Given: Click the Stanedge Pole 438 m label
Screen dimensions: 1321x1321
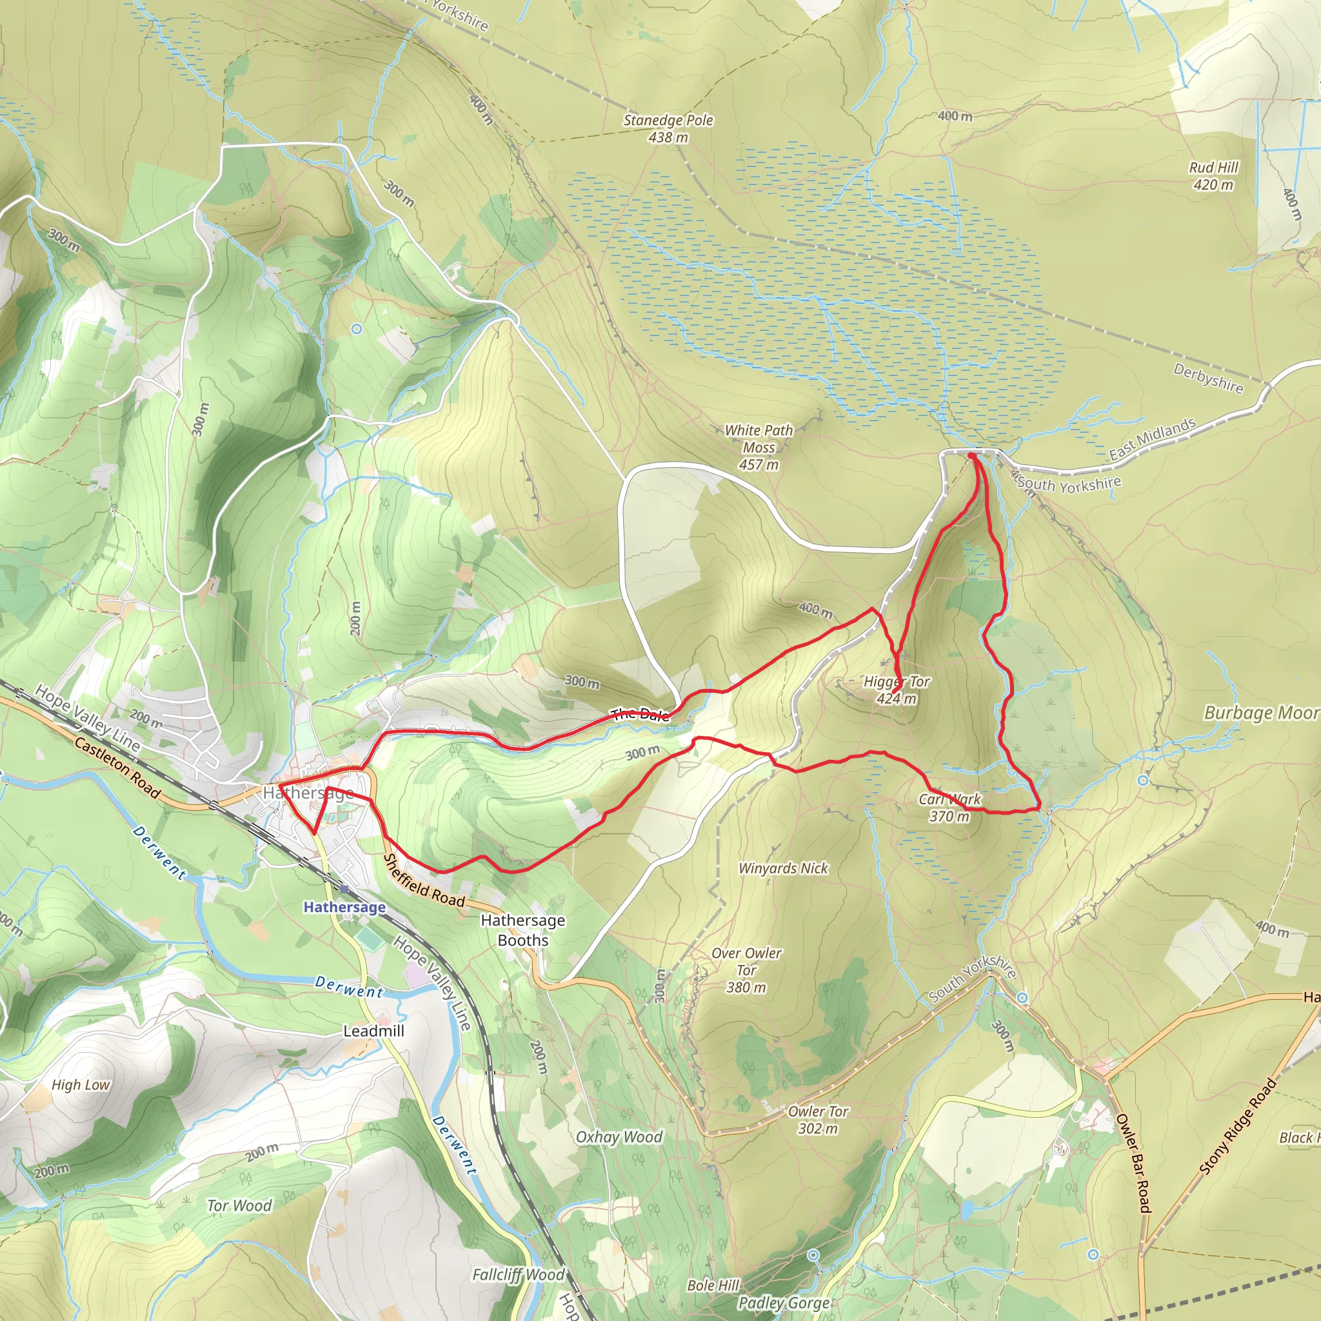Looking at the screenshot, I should coord(668,128).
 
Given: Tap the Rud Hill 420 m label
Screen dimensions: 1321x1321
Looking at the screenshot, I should coord(1213,175).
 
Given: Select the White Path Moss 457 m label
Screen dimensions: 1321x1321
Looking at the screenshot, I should coord(759,447).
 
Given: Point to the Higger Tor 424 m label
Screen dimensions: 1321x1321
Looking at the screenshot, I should coord(897,690).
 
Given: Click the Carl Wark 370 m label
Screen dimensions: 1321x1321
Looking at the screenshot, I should coord(949,808).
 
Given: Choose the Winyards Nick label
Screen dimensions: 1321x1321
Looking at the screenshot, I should coord(783,868).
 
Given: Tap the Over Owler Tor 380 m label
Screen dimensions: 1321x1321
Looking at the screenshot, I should coord(746,970).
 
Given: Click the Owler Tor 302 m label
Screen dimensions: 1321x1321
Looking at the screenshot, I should coord(818,1120).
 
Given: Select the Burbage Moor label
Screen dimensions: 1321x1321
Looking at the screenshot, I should coord(1262,713).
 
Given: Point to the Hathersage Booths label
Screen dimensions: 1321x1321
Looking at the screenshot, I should coord(523,930).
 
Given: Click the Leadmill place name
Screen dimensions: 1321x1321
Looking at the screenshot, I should coord(373,1030).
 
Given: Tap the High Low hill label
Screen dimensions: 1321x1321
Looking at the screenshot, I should coord(81,1085).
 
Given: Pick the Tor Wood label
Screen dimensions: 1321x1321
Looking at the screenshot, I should coord(239,1206).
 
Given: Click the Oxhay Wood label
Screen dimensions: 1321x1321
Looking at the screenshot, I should coord(619,1137).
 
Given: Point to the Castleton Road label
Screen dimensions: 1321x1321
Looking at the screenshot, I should coord(117,768).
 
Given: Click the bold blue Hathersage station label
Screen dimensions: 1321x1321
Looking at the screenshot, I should coord(344,908).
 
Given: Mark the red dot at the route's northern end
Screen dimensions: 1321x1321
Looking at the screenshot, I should coord(971,455).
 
